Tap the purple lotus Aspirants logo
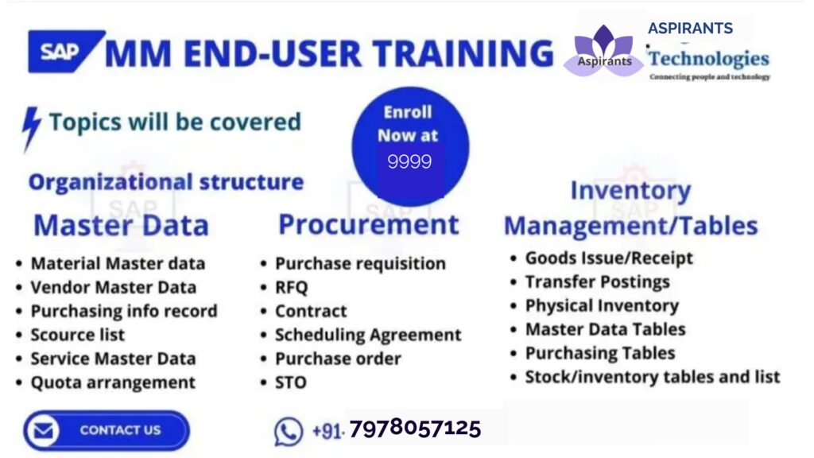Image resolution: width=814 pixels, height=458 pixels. [604, 51]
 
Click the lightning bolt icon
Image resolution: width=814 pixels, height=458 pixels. [31, 129]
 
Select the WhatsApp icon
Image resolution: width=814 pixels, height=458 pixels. [288, 431]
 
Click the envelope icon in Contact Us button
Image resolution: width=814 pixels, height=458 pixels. [44, 430]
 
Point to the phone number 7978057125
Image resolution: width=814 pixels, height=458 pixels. [415, 429]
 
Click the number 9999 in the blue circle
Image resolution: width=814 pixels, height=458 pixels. [409, 162]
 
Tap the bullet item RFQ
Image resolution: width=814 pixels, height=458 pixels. [291, 287]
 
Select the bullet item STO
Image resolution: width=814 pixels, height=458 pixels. [291, 382]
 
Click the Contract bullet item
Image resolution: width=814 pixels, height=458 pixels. [311, 311]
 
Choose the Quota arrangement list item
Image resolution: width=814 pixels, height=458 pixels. [113, 382]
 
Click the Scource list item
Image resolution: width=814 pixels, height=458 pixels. [78, 335]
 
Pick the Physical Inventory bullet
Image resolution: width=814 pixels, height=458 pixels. [602, 306]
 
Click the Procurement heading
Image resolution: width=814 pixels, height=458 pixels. [369, 224]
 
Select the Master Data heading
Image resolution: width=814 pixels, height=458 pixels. [122, 225]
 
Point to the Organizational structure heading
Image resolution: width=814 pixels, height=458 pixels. [166, 182]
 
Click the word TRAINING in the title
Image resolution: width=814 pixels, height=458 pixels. [463, 53]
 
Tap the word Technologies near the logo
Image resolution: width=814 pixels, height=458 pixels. [708, 58]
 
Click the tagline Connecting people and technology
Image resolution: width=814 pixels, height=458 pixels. [710, 77]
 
